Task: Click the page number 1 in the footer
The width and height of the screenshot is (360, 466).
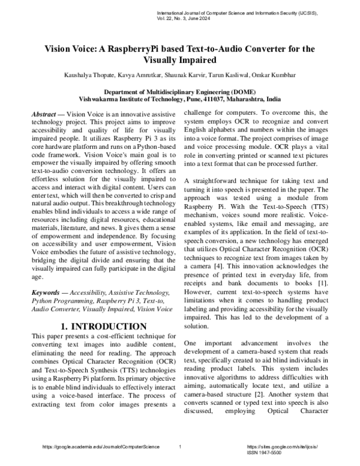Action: coord(180,447)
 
